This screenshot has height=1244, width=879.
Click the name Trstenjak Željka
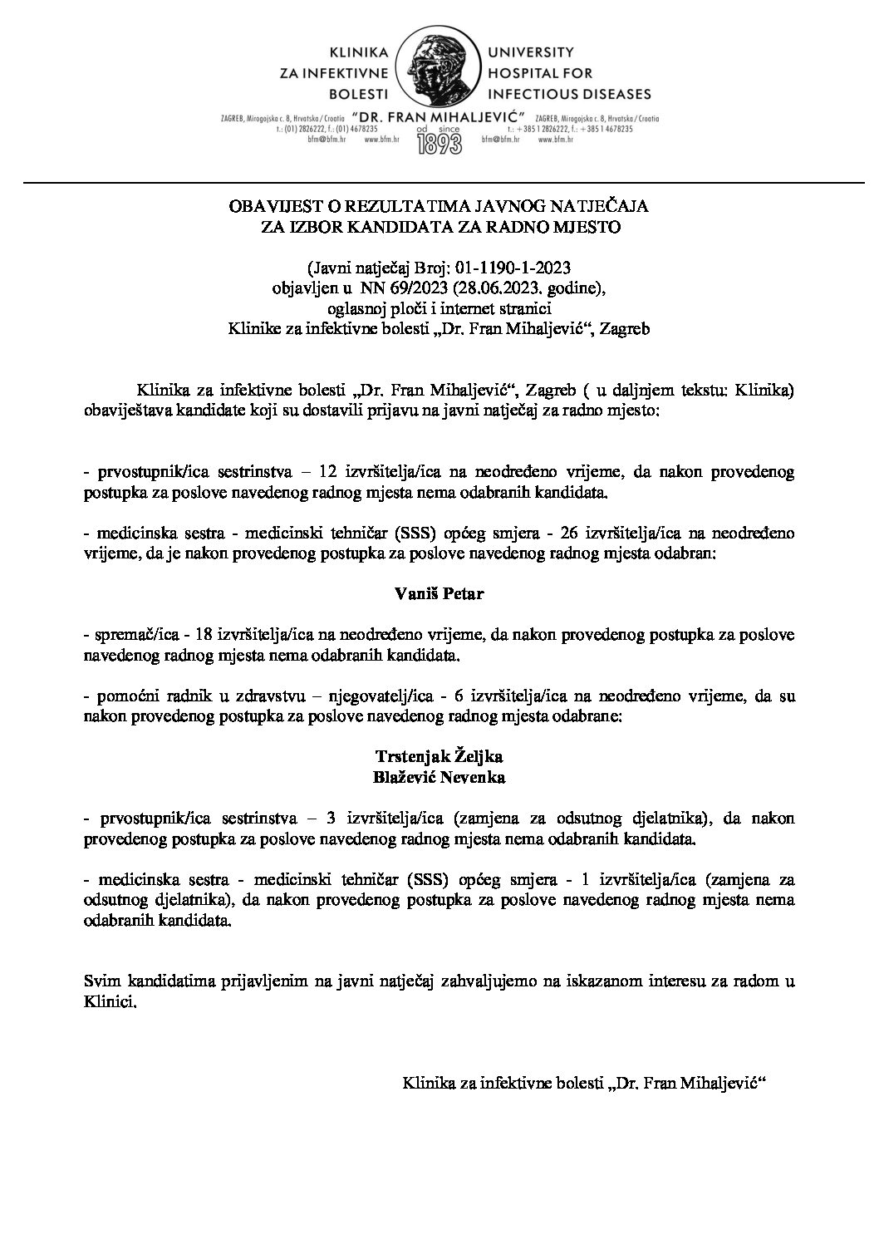439,757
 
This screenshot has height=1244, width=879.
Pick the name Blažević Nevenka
439,778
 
